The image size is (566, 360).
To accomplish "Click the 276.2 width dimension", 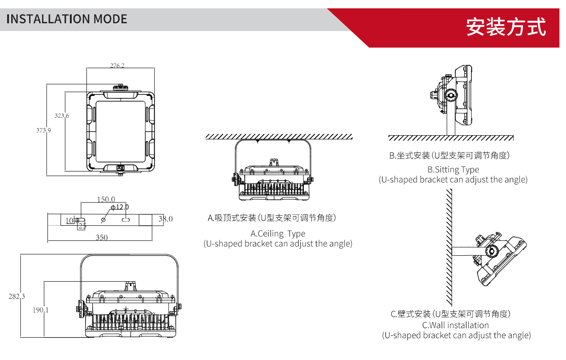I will click(117, 65).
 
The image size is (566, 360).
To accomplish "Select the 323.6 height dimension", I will click(62, 116).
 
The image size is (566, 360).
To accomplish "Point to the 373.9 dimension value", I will click(43, 130).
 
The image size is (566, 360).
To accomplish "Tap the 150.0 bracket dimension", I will click(106, 199).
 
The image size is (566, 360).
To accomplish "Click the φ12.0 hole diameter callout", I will click(120, 207).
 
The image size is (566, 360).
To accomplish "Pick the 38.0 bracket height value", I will click(165, 219).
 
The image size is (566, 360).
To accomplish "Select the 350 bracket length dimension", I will click(102, 237).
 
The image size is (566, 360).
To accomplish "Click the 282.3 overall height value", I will click(17, 296).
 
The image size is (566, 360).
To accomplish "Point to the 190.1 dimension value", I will click(40, 310).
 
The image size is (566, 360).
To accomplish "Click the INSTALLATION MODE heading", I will click(67, 19).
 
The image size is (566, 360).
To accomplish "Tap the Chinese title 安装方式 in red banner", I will click(506, 27).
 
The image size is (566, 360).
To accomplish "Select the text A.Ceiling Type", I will click(278, 233).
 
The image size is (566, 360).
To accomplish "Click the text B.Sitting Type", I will click(453, 169).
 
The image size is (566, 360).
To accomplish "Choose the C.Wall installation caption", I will click(455, 325).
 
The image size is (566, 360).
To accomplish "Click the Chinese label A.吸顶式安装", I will click(272, 218).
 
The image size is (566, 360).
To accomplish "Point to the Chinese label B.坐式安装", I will click(449, 155).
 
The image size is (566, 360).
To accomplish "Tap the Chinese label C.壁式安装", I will click(450, 314).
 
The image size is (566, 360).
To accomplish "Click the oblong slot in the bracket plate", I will click(126, 220).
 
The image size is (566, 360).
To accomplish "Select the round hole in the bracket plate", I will click(104, 220).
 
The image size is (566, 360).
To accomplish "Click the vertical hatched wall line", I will click(449, 246).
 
